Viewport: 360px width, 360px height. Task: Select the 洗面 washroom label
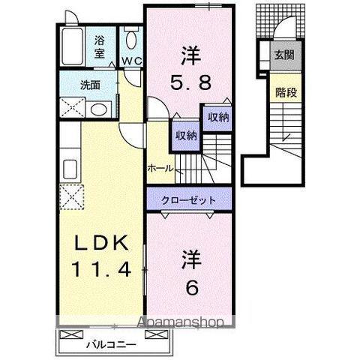coord(91,84)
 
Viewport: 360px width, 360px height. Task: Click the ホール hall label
coord(160,167)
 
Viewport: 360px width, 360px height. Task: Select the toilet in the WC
coord(131,38)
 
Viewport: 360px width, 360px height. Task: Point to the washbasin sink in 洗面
coord(98,109)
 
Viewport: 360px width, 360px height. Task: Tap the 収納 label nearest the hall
coord(186,136)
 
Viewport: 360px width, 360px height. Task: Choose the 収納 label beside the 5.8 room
coord(218,117)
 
